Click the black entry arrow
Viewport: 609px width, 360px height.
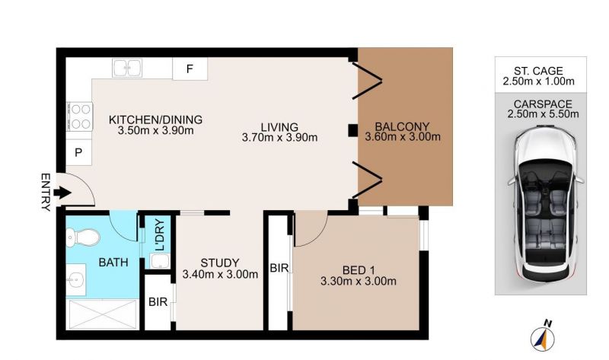pyautogui.click(x=62, y=193)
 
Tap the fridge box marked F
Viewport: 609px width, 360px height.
pyautogui.click(x=190, y=68)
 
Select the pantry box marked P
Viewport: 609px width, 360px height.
pyautogui.click(x=78, y=152)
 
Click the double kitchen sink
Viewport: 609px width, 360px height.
pyautogui.click(x=127, y=68)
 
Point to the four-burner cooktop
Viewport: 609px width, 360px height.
pyautogui.click(x=80, y=116)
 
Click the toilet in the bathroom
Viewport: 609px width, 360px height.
pyautogui.click(x=83, y=237)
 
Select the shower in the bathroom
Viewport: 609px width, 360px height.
pyautogui.click(x=103, y=314)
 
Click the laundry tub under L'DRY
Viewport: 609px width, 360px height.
pyautogui.click(x=160, y=261)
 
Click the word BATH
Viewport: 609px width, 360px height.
pyautogui.click(x=113, y=263)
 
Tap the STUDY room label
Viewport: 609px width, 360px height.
pyautogui.click(x=220, y=263)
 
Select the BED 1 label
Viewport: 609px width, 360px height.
pyautogui.click(x=359, y=270)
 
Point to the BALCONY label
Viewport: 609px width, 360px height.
pyautogui.click(x=402, y=126)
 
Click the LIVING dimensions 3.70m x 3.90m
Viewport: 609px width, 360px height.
pyautogui.click(x=279, y=137)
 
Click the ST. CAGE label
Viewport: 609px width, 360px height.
pyautogui.click(x=538, y=71)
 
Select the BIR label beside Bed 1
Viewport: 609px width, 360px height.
pyautogui.click(x=279, y=268)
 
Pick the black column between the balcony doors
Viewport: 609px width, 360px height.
pyautogui.click(x=352, y=130)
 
